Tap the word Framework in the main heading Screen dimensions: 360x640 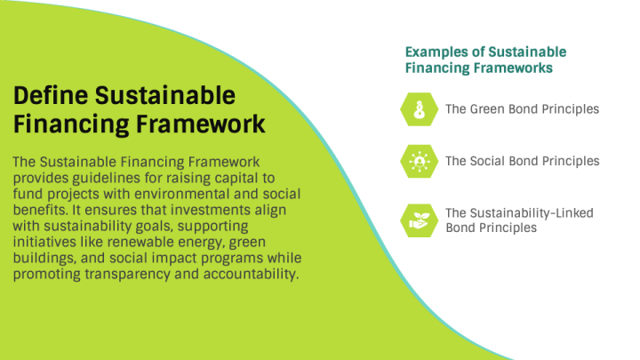[x=212, y=124]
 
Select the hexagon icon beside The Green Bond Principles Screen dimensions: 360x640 [x=418, y=109]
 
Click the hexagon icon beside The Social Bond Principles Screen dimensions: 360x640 [x=418, y=161]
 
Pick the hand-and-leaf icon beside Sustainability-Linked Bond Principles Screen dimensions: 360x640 [x=418, y=220]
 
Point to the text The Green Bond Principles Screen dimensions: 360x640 [x=522, y=109]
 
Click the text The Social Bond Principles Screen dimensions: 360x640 [x=522, y=161]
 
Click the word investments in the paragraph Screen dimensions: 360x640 [x=207, y=210]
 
